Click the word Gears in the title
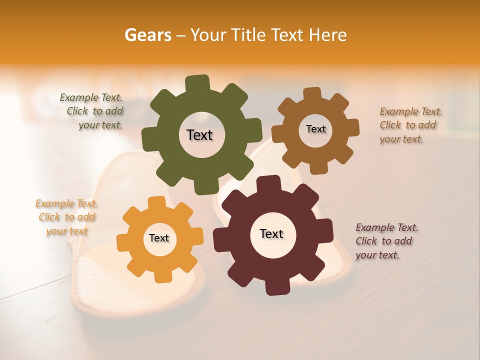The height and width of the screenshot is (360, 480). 147,35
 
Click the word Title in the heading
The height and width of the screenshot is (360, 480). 248,35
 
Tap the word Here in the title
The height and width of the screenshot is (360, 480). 328,35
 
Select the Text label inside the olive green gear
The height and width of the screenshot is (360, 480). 199,135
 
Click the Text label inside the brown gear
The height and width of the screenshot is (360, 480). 315,129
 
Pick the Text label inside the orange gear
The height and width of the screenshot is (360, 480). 159,238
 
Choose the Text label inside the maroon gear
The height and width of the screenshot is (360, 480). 271,233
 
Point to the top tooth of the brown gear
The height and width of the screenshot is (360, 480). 311,94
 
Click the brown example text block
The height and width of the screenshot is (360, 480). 410,125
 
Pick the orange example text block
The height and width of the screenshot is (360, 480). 66,217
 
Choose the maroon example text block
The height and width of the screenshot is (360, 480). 386,241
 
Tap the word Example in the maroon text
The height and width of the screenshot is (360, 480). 374,227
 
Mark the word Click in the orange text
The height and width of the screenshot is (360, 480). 49,217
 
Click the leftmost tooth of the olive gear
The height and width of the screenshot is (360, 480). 149,138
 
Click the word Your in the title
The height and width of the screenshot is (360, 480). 208,35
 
